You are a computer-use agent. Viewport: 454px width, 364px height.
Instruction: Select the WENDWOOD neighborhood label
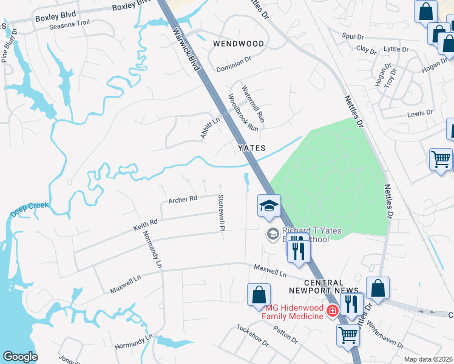coord(239,44)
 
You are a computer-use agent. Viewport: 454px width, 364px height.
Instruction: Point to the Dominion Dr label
coord(234,63)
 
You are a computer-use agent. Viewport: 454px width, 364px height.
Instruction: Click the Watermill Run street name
coord(252,101)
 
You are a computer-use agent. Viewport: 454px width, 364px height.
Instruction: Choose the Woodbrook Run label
coord(243,112)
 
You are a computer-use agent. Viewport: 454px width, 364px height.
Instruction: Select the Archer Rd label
coord(183,198)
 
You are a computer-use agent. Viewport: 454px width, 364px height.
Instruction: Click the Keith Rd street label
coord(145,226)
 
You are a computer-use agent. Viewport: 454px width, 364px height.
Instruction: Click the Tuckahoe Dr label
coord(252,335)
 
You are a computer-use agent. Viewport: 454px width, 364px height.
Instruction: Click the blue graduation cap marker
coord(268,205)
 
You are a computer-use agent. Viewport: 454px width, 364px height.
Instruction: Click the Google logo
coord(20,357)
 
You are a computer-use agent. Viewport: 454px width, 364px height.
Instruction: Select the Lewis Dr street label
coord(420,113)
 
